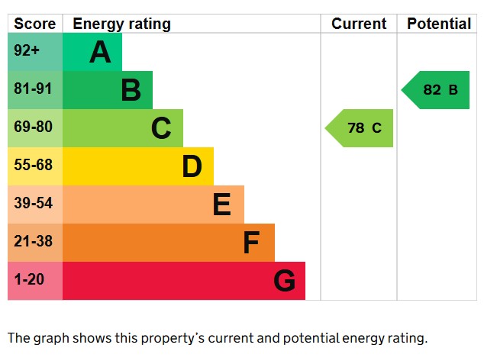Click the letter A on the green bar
pyautogui.click(x=100, y=52)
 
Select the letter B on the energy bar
pyautogui.click(x=131, y=90)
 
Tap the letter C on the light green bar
pyautogui.click(x=161, y=128)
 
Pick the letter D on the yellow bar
pyautogui.click(x=192, y=166)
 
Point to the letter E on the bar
pyautogui.click(x=221, y=205)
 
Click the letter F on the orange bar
pyautogui.click(x=251, y=243)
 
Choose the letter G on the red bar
pyautogui.click(x=284, y=281)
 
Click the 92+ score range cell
pyautogui.click(x=35, y=52)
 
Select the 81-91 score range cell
pyautogui.click(x=35, y=90)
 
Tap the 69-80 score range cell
pyautogui.click(x=35, y=128)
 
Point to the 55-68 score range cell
pyautogui.click(x=35, y=166)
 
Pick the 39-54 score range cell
pyautogui.click(x=35, y=205)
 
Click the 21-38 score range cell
pyautogui.click(x=35, y=243)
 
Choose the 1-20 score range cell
pyautogui.click(x=35, y=281)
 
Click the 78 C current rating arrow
pyautogui.click(x=362, y=128)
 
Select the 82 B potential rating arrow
pyautogui.click(x=438, y=90)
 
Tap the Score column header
pyautogui.click(x=35, y=24)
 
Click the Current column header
pyautogui.click(x=359, y=24)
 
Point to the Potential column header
pyautogui.click(x=438, y=24)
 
